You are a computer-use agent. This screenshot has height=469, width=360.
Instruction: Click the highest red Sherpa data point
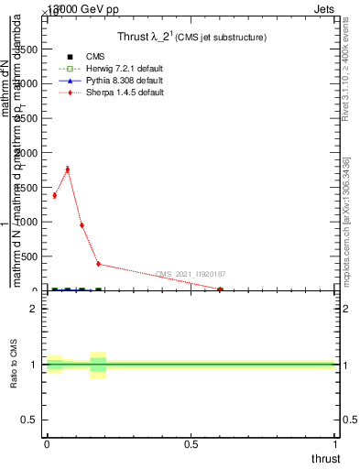(67, 169)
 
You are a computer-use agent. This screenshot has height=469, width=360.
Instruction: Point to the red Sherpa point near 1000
(82, 224)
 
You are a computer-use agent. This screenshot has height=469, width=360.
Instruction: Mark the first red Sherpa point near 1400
(54, 195)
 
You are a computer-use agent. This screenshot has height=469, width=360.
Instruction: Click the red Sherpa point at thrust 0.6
(220, 289)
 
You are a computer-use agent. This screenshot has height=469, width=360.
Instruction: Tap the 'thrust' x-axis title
(324, 458)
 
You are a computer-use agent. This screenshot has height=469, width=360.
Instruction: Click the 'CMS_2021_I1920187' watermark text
(190, 274)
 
